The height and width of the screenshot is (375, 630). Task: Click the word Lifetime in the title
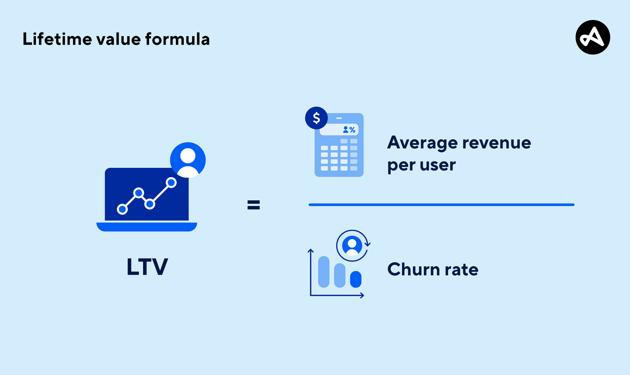coord(56,39)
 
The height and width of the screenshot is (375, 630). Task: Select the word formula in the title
coord(177,39)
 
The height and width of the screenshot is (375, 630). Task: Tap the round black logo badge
coord(592,37)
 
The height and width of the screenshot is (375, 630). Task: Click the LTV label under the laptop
coord(147,267)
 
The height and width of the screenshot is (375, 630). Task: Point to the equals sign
coord(254,205)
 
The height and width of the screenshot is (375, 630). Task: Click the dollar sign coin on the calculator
coord(316,118)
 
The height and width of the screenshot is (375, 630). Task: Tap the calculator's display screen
coord(339,130)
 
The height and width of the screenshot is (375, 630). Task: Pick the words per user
coord(421,165)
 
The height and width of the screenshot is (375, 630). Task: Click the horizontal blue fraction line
coord(441,205)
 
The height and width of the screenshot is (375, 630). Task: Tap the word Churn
coord(413,269)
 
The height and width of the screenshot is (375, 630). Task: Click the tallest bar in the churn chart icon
coord(324,272)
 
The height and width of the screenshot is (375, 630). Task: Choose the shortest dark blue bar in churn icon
coord(356,279)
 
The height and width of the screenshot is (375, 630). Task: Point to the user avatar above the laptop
coord(188,160)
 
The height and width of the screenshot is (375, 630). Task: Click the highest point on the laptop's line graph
coord(171,182)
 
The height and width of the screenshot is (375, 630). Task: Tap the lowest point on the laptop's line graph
coord(122,209)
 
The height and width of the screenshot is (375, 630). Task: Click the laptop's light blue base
coord(147,227)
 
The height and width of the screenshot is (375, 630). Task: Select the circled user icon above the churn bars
coord(352,246)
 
